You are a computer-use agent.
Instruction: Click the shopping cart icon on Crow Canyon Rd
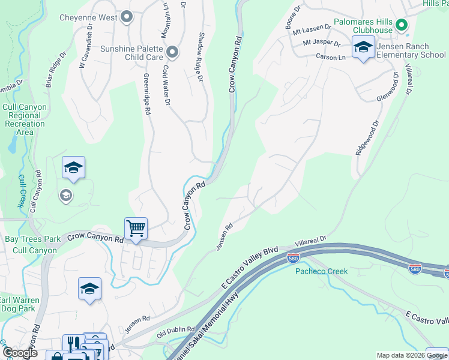coord(136,229)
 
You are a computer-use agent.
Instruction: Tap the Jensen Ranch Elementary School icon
coord(363,47)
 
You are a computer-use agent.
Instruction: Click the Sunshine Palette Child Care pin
coord(173,53)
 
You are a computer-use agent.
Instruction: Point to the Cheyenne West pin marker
coord(126,17)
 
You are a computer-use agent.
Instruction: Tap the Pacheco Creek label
coord(321,271)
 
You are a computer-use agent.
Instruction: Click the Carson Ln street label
coord(330,57)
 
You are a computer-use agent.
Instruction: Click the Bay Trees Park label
coord(32,239)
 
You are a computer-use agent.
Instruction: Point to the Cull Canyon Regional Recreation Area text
coord(25,119)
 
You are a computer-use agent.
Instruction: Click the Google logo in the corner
coord(20,353)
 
